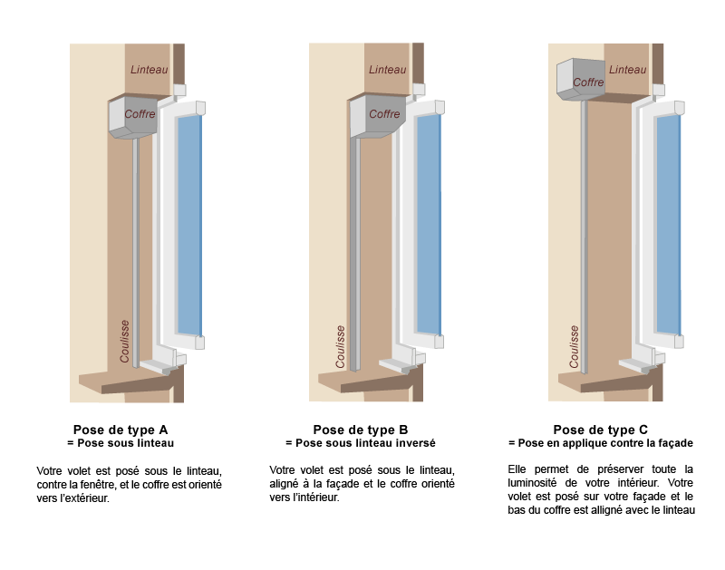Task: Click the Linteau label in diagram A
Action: click(149, 70)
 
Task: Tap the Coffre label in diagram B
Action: click(384, 114)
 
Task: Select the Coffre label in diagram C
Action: click(588, 82)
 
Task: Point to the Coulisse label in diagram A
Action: click(124, 341)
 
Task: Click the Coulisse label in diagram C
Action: click(574, 347)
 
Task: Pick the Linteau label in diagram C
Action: click(627, 70)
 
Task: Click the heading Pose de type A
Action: click(121, 430)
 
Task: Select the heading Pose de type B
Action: click(361, 430)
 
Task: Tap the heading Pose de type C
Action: click(601, 430)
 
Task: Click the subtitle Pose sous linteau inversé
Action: click(361, 443)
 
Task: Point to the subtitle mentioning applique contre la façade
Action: click(601, 443)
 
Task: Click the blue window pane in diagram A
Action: click(189, 225)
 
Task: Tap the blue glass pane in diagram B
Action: click(429, 224)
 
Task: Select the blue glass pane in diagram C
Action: click(668, 224)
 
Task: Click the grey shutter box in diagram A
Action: click(132, 117)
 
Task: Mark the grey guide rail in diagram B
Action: click(355, 255)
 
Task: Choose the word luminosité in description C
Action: click(532, 483)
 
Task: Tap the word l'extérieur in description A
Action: click(83, 498)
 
